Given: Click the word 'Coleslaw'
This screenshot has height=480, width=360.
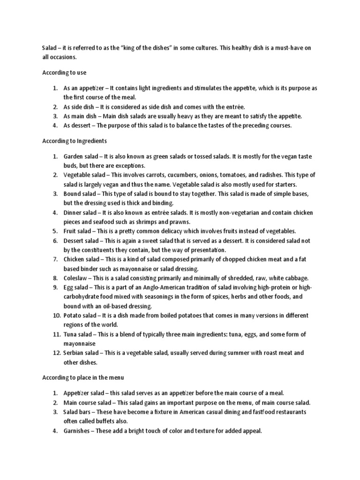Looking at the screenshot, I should [76, 277].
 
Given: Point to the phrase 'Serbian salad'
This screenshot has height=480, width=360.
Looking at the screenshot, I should [82, 352].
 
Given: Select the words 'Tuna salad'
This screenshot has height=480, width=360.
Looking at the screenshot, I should [79, 334].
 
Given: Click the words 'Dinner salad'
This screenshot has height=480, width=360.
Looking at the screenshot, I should [81, 212].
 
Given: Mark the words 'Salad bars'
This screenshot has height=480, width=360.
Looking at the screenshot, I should [78, 412].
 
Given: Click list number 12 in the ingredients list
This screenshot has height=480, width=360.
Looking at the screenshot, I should [56, 352].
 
